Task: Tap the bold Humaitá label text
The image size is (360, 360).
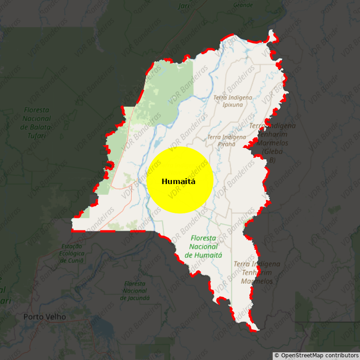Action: pyautogui.click(x=179, y=182)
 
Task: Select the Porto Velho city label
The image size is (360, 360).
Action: pyautogui.click(x=45, y=317)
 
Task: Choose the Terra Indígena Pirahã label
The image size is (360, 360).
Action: pyautogui.click(x=226, y=140)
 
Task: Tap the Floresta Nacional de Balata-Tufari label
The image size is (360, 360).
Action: pyautogui.click(x=36, y=122)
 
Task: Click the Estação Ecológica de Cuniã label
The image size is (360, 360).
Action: pyautogui.click(x=72, y=253)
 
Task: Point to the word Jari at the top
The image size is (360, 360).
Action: pyautogui.click(x=184, y=6)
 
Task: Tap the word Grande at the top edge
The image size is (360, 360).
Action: pyautogui.click(x=243, y=5)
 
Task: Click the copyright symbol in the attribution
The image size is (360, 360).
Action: pyautogui.click(x=277, y=355)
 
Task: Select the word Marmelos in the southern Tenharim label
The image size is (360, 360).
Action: pyautogui.click(x=256, y=281)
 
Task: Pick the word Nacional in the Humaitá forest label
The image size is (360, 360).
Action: pyautogui.click(x=203, y=246)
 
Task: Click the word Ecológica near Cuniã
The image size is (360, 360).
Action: pyautogui.click(x=72, y=253)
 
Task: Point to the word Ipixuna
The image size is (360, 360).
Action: pyautogui.click(x=233, y=104)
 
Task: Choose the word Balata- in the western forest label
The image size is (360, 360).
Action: pyautogui.click(x=36, y=127)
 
